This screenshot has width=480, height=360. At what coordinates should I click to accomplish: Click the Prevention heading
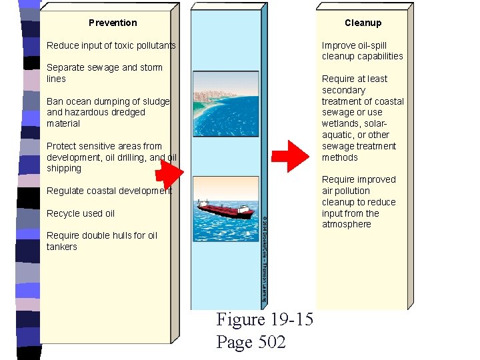coord(113,23)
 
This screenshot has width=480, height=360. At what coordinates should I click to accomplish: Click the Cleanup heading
coord(363,23)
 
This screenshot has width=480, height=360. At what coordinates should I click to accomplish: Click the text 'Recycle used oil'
coord(81,213)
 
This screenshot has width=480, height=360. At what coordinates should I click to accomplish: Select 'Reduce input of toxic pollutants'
coord(111,45)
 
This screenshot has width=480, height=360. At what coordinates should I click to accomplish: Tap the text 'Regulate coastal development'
coord(109,191)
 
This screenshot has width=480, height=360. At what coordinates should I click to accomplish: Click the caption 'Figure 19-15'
coord(265,319)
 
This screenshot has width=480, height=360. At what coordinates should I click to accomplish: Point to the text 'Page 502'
coord(251,342)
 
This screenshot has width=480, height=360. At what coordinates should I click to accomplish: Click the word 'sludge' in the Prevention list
coord(155,101)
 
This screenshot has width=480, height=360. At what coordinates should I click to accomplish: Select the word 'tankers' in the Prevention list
coord(62,247)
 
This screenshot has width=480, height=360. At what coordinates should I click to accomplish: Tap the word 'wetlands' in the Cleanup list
coord(343,123)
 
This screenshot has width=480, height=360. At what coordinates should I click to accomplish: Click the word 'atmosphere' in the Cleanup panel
coord(346,225)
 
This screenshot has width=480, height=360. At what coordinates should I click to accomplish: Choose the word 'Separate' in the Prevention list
coord(65,67)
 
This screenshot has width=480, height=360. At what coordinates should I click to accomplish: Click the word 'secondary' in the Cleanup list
coord(343,90)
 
